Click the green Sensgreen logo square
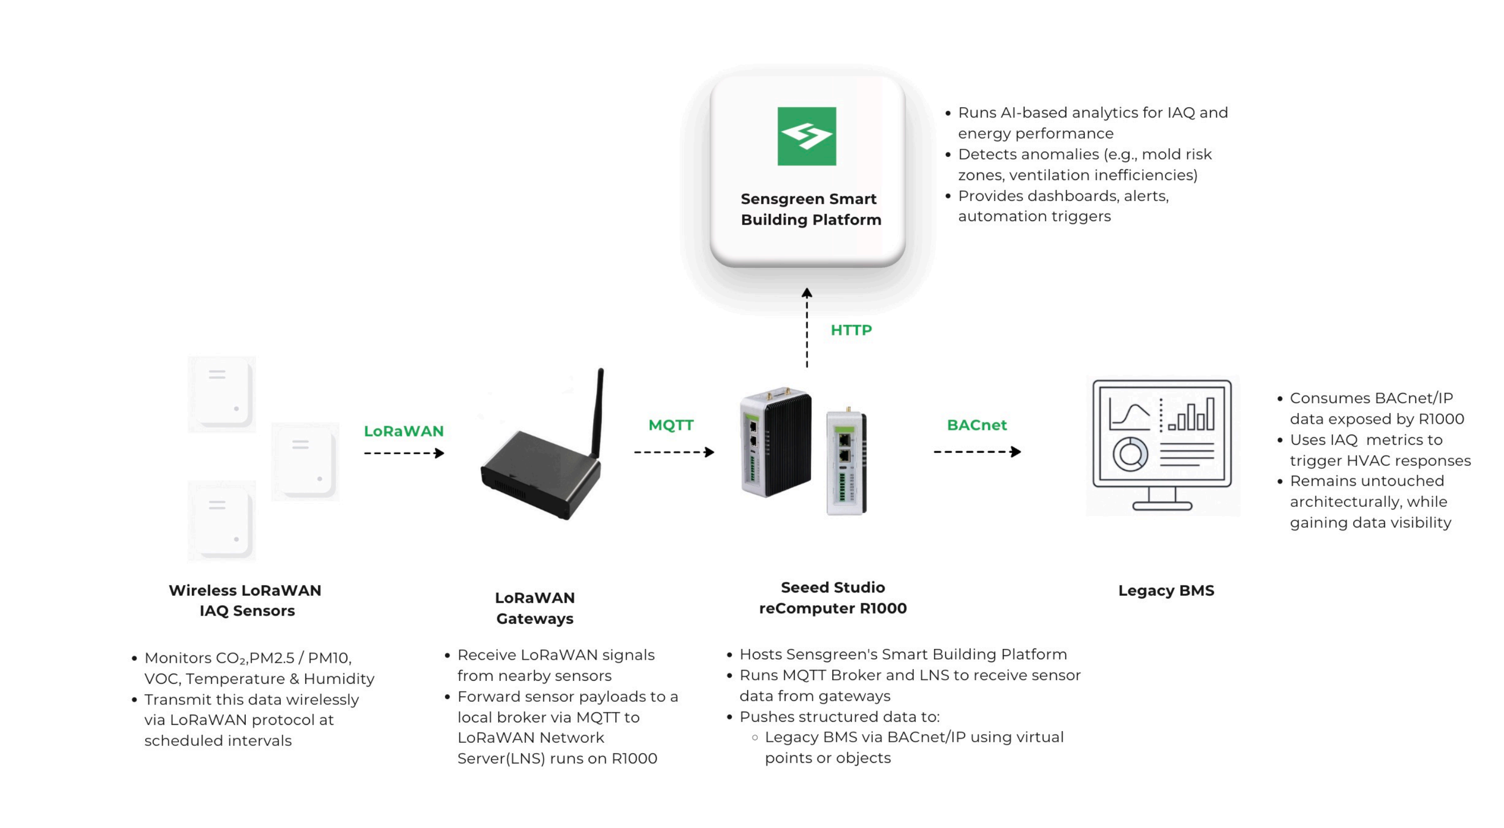click(806, 136)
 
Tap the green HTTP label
click(851, 330)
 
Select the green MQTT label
click(671, 425)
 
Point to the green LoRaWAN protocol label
click(403, 431)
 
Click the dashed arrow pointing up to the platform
click(807, 327)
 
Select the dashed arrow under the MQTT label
click(674, 452)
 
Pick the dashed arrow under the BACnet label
click(977, 451)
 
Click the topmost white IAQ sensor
click(222, 394)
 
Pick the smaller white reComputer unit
click(846, 464)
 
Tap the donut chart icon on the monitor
click(1130, 455)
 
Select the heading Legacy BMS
click(1165, 590)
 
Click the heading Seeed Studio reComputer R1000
click(833, 598)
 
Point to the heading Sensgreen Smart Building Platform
click(810, 209)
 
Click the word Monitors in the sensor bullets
click(178, 658)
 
